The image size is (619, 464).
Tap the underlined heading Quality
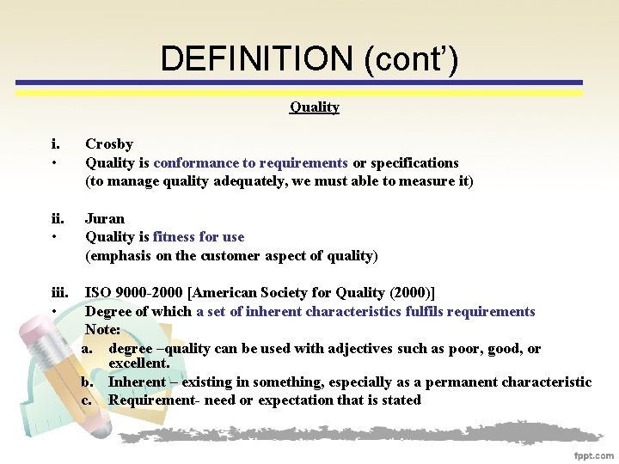(x=314, y=107)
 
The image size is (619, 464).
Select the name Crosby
(x=109, y=144)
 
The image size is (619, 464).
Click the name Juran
(x=105, y=218)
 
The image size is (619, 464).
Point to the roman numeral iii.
(x=59, y=293)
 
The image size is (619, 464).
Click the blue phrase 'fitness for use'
(x=199, y=237)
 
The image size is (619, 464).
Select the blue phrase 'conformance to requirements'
(x=251, y=162)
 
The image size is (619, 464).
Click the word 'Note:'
(x=103, y=330)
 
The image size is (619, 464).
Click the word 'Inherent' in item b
(x=138, y=382)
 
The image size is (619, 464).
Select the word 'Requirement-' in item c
(x=144, y=400)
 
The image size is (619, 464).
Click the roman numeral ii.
(x=57, y=218)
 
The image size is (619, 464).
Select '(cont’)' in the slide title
(x=411, y=58)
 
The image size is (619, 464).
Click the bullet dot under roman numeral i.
(x=53, y=163)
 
